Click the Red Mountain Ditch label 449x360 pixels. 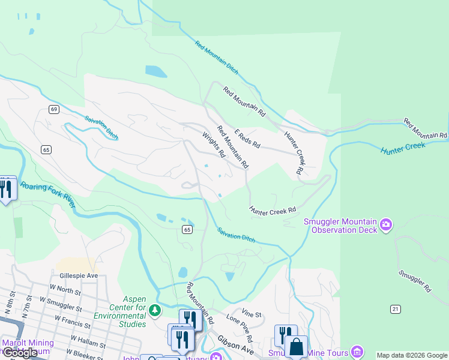pyautogui.click(x=217, y=58)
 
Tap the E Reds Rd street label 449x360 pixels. pyautogui.click(x=247, y=139)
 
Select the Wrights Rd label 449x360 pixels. pyautogui.click(x=213, y=145)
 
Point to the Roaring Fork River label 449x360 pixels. pyautogui.click(x=48, y=195)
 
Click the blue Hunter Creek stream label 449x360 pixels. pyautogui.click(x=403, y=148)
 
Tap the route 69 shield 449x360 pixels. pyautogui.click(x=54, y=109)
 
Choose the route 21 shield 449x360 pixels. pyautogui.click(x=394, y=308)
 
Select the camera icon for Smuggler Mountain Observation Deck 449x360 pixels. pyautogui.click(x=386, y=225)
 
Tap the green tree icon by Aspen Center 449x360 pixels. pyautogui.click(x=155, y=310)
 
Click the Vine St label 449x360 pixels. pyautogui.click(x=252, y=314)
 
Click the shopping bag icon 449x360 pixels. pyautogui.click(x=296, y=346)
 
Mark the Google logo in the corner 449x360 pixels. pyautogui.click(x=20, y=353)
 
